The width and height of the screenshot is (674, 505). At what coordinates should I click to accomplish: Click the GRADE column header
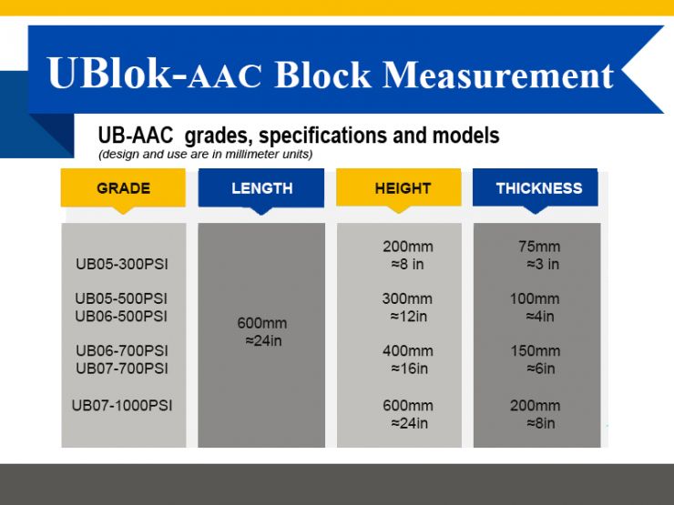click(123, 188)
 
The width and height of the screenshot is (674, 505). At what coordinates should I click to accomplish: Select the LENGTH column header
click(261, 188)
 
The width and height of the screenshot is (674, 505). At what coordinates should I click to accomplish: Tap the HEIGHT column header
click(402, 188)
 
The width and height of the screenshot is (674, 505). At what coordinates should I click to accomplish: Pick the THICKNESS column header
click(538, 188)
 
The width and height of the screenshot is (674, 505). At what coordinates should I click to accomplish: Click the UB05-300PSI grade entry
click(122, 265)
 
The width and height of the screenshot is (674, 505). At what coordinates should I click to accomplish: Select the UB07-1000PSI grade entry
click(122, 405)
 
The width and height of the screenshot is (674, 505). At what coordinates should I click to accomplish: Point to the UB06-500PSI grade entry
click(121, 317)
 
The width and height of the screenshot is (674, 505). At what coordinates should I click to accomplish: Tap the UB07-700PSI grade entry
click(122, 369)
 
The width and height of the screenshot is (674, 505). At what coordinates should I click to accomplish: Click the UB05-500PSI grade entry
click(121, 298)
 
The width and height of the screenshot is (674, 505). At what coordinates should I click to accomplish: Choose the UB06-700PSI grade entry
click(122, 350)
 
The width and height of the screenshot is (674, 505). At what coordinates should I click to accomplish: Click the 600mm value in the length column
click(261, 323)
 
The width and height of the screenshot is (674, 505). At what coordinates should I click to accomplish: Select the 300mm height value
click(407, 298)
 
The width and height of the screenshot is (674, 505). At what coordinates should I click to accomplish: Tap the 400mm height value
click(407, 350)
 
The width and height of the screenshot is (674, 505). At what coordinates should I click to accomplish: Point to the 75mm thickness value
click(539, 247)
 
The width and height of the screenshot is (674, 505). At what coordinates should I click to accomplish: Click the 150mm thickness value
click(535, 350)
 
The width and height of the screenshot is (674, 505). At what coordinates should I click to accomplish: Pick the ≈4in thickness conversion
click(539, 317)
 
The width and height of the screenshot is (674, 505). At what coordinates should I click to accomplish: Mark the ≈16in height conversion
click(409, 369)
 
